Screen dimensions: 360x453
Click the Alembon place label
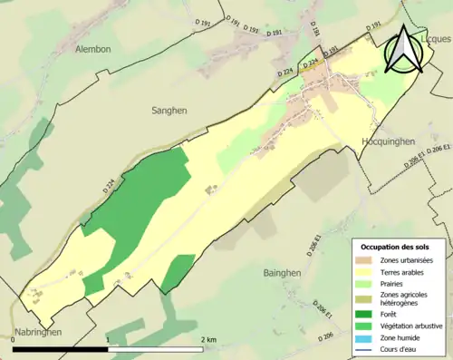93,49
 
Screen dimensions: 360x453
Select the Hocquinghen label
389,141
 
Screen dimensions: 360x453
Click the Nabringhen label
37,333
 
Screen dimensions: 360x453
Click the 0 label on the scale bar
14,339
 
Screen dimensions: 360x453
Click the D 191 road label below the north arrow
332,51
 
